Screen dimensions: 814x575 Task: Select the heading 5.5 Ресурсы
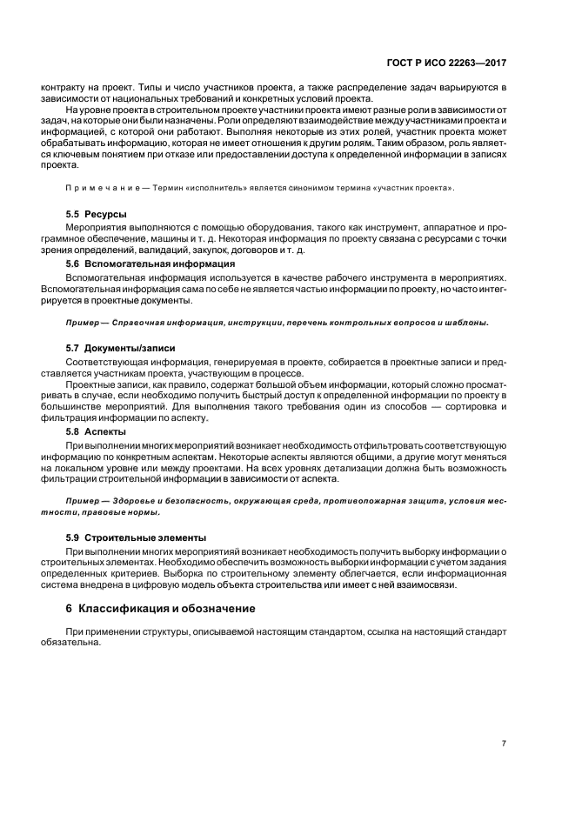click(x=97, y=213)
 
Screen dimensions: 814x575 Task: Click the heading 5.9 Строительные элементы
click(x=136, y=537)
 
